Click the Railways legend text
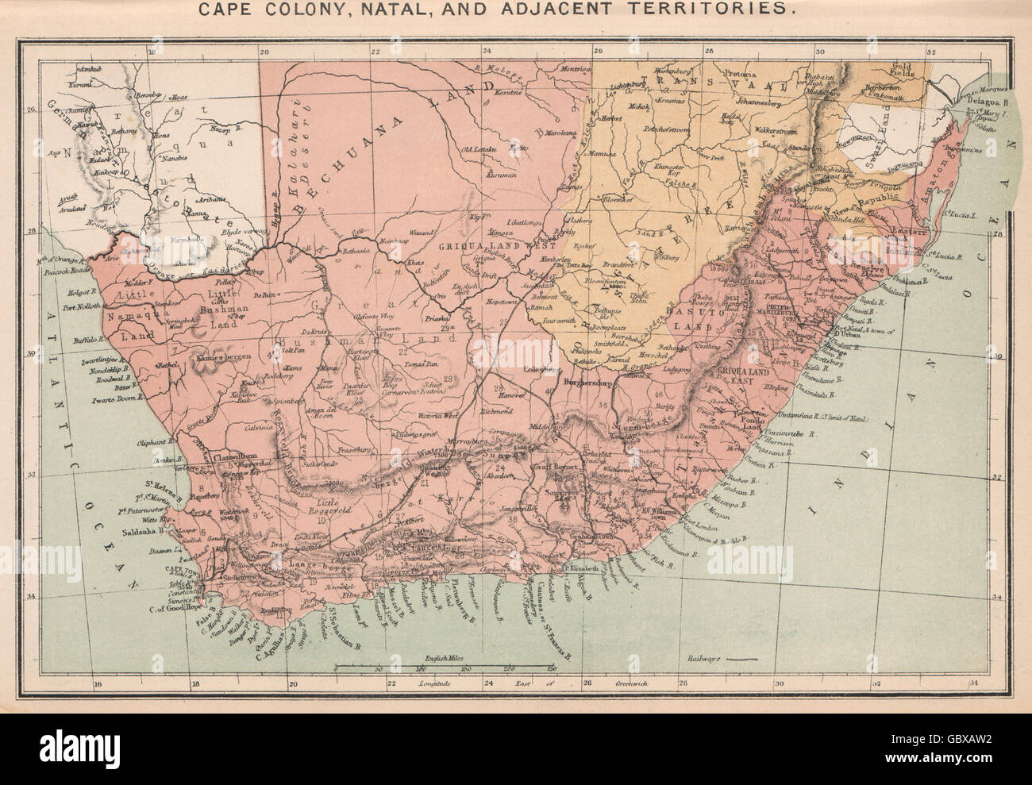(x=701, y=660)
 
